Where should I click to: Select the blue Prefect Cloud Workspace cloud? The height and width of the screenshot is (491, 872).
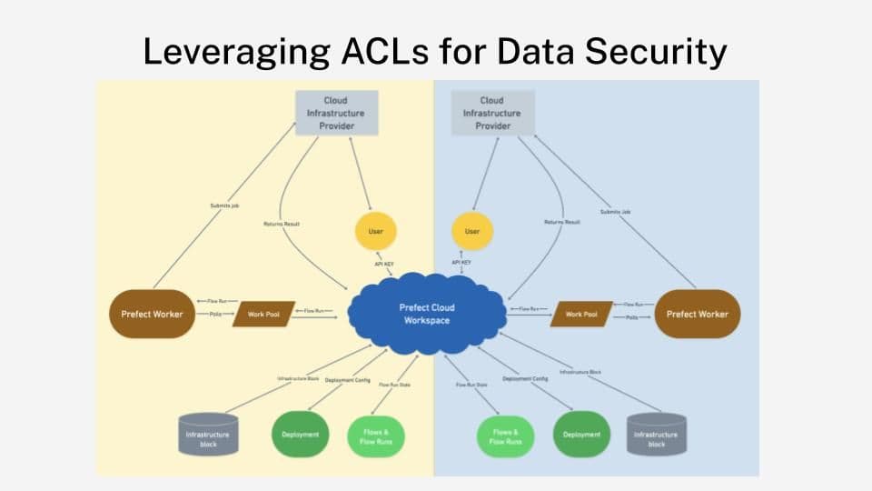click(x=426, y=314)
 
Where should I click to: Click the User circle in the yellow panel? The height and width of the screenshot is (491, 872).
click(x=376, y=232)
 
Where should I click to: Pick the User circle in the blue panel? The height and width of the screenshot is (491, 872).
click(x=472, y=232)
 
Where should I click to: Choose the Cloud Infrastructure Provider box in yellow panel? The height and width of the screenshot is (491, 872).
click(x=335, y=113)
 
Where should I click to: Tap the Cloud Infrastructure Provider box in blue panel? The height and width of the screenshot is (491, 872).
click(x=492, y=113)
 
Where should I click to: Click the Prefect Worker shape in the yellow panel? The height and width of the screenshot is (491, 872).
click(x=152, y=314)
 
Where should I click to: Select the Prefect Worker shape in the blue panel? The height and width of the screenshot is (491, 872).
click(x=697, y=314)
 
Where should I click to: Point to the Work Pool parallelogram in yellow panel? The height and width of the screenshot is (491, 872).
click(x=263, y=314)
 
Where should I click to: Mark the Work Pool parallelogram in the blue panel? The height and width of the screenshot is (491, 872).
click(x=581, y=314)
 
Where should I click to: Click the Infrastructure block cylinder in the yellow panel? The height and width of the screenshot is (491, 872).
click(x=207, y=435)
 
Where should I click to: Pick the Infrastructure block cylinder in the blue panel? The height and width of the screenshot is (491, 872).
click(x=656, y=435)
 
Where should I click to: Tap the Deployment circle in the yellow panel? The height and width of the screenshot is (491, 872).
click(x=301, y=435)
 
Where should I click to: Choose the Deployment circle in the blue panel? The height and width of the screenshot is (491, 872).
click(x=581, y=435)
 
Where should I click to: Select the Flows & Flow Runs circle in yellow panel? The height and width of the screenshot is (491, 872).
click(x=376, y=435)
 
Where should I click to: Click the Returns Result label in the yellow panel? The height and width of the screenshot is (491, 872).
click(x=282, y=223)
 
